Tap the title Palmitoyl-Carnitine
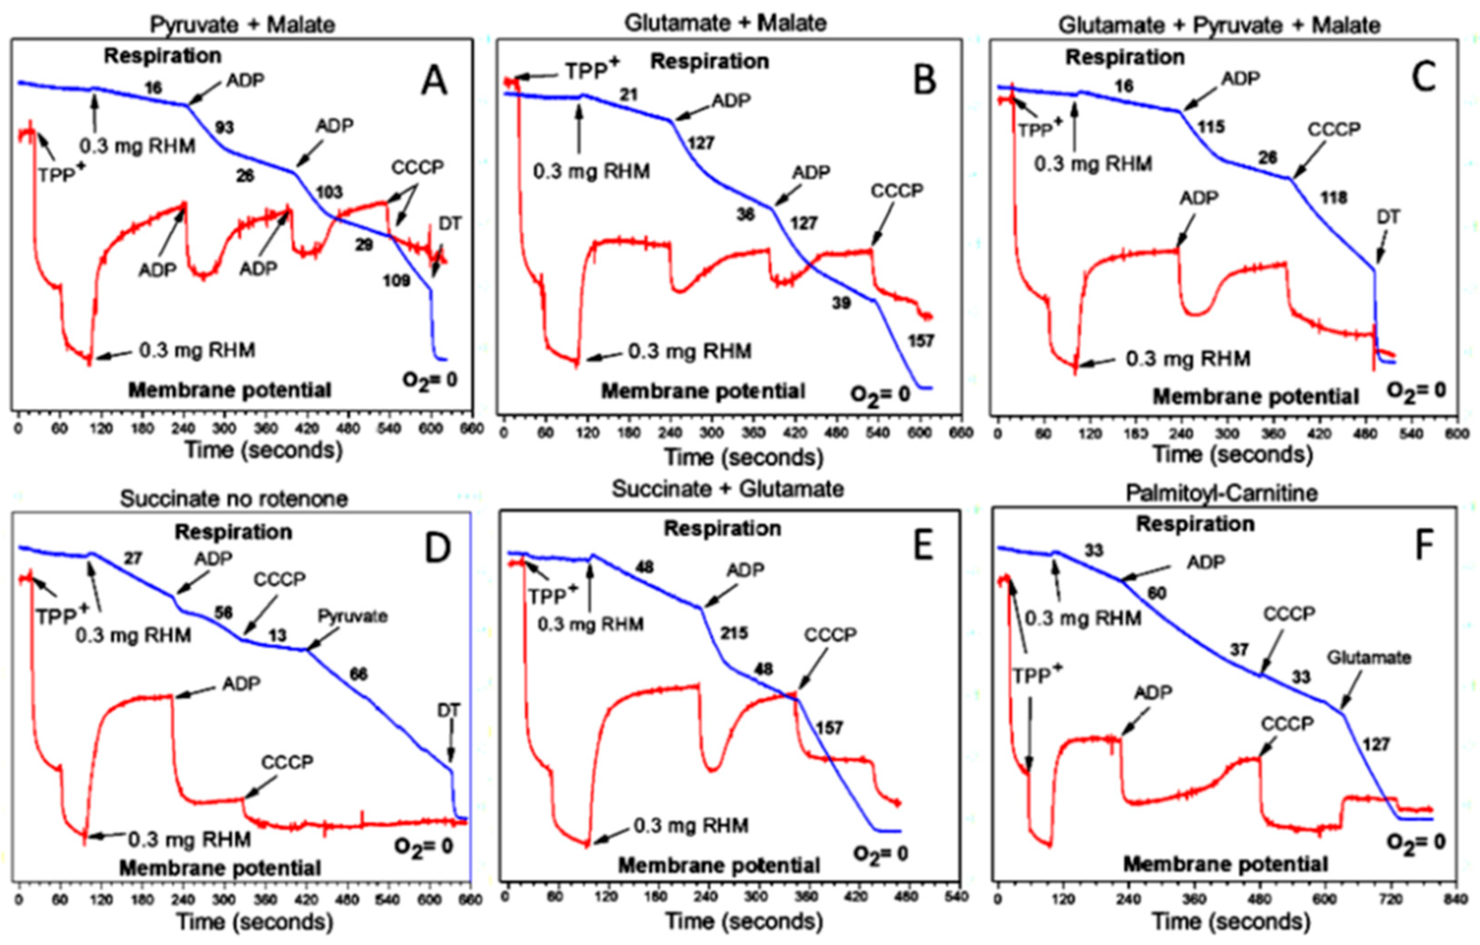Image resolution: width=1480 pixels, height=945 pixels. tap(1222, 493)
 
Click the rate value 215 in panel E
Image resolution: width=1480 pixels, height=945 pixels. tap(734, 633)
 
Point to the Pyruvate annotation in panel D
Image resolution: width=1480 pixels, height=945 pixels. tap(352, 616)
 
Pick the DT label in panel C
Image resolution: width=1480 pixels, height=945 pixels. tap(1388, 217)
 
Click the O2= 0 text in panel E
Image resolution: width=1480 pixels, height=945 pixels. tap(880, 854)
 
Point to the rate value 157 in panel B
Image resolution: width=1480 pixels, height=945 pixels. tap(921, 340)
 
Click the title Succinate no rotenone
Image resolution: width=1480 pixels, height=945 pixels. tap(234, 498)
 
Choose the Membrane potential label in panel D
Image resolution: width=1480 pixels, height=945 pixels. tap(220, 868)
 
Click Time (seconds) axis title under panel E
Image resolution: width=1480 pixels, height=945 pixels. tap(744, 922)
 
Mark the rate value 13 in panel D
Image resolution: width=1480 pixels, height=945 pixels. tap(277, 635)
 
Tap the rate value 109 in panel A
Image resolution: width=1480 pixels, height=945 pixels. tap(396, 281)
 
